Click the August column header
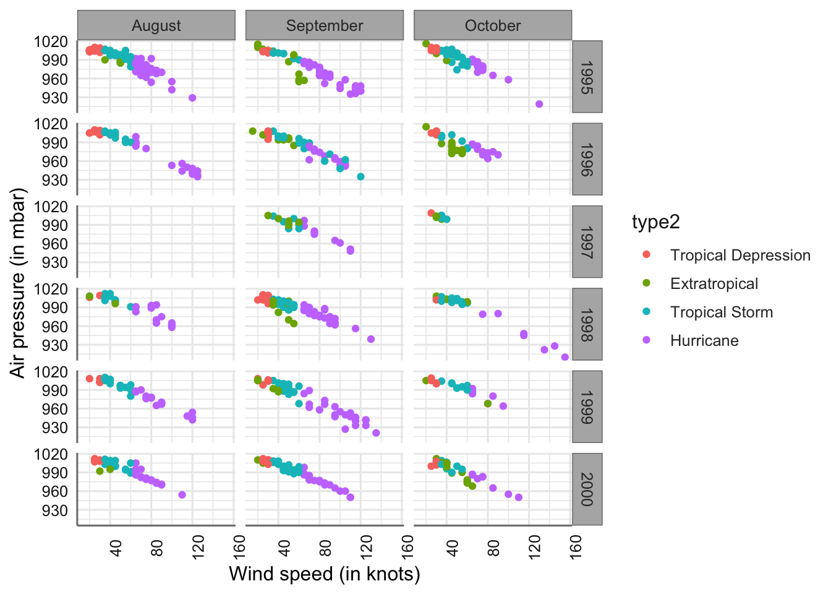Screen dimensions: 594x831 [x=156, y=25]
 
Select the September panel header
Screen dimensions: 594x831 [x=325, y=25]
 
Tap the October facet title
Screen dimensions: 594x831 [x=493, y=25]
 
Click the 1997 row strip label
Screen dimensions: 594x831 [x=587, y=241]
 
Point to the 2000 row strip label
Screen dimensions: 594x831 [x=587, y=489]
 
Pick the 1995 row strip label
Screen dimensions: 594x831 [x=587, y=76]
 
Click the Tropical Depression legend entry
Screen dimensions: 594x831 [x=739, y=255]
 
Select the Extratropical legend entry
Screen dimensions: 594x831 [x=714, y=283]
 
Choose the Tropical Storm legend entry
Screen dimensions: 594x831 [x=721, y=312]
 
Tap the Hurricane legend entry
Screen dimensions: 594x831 [x=704, y=340]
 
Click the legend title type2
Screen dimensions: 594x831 [x=655, y=222]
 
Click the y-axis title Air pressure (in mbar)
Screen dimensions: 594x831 [x=19, y=283]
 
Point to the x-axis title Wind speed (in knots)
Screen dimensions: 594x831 [x=325, y=574]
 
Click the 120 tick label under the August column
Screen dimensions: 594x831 [x=198, y=547]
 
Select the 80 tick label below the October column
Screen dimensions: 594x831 [x=493, y=547]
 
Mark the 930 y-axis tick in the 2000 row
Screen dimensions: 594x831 [x=54, y=510]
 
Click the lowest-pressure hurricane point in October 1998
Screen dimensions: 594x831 [x=565, y=357]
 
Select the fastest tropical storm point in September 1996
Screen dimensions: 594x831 [x=360, y=177]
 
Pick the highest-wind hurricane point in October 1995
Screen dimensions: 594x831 [x=539, y=104]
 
